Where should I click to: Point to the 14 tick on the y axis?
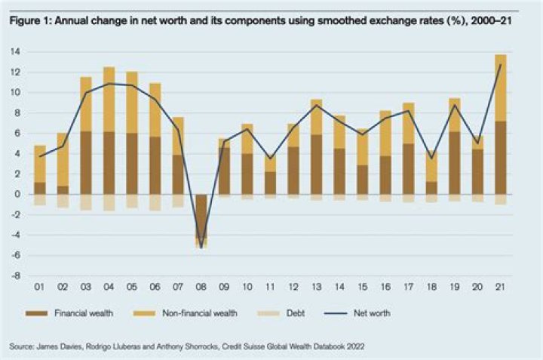pyautogui.click(x=15, y=51)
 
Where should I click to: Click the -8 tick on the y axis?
pyautogui.click(x=15, y=275)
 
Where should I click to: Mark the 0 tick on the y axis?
pyautogui.click(x=17, y=194)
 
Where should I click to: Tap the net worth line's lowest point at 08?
pyautogui.click(x=202, y=247)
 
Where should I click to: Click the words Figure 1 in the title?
pyautogui.click(x=27, y=20)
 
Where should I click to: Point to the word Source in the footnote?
pyautogui.click(x=23, y=346)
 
